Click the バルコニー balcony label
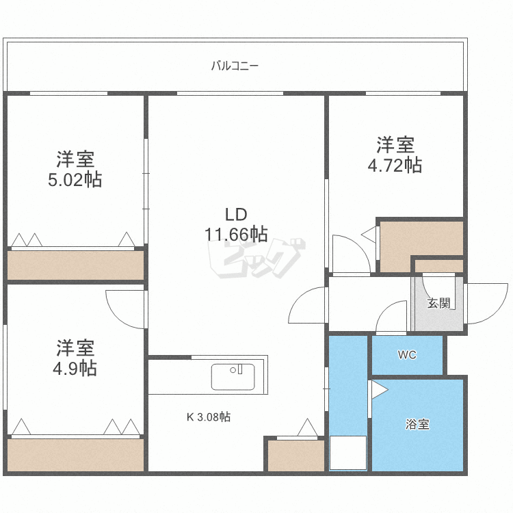(x=235, y=66)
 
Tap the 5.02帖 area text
(x=75, y=180)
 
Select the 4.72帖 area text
(x=395, y=165)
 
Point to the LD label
(x=236, y=211)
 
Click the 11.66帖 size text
(x=236, y=234)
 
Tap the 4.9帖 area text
(x=75, y=368)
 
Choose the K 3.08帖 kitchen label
(x=209, y=417)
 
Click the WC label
(x=407, y=356)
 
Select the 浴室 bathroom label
(x=417, y=424)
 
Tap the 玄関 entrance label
(x=437, y=303)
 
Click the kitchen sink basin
(x=233, y=377)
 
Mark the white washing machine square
(x=348, y=453)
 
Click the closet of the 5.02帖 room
(x=75, y=265)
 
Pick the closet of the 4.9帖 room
(x=75, y=454)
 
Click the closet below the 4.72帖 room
(x=420, y=245)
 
